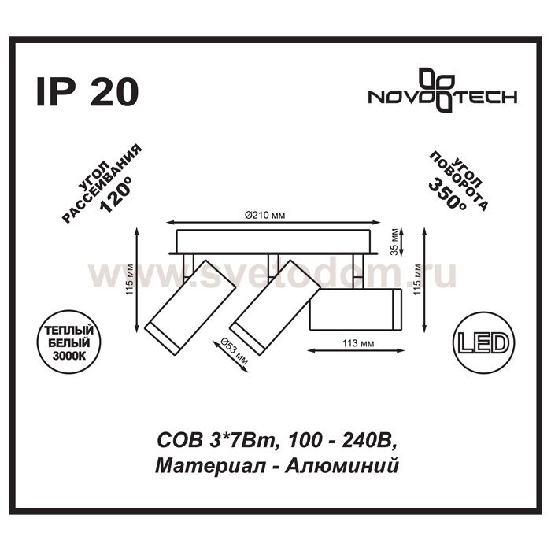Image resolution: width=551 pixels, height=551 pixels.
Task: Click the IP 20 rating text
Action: pyautogui.click(x=87, y=92)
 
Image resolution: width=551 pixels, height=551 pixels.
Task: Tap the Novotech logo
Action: pyautogui.click(x=442, y=90)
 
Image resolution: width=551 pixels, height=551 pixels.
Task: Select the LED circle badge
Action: pyautogui.click(x=484, y=344)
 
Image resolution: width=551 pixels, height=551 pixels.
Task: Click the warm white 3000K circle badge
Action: pyautogui.click(x=69, y=342)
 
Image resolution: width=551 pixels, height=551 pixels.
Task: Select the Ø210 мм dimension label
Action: pyautogui.click(x=264, y=215)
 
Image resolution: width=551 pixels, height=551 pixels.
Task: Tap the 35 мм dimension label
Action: pyautogui.click(x=394, y=242)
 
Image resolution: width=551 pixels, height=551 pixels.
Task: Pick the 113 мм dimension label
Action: pyautogui.click(x=358, y=343)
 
